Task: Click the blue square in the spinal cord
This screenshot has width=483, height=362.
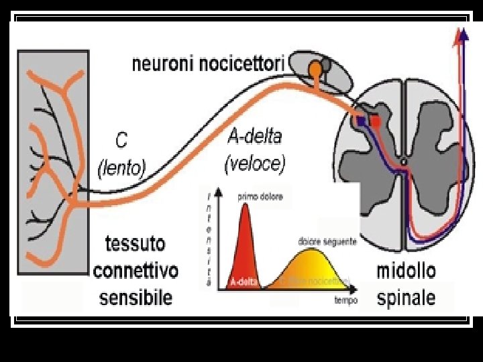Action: click(361, 121)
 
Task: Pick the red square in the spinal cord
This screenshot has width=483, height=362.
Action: click(376, 122)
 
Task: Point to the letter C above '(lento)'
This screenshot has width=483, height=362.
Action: click(121, 140)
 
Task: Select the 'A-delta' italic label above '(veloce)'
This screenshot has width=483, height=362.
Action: click(255, 137)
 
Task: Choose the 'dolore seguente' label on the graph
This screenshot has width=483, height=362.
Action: click(327, 241)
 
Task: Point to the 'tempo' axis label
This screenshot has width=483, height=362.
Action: click(346, 301)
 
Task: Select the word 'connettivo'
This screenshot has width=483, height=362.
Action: click(136, 271)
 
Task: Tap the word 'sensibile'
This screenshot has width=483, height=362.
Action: click(136, 297)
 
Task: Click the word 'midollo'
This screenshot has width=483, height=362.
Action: click(406, 271)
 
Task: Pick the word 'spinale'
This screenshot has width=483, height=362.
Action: click(406, 298)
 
